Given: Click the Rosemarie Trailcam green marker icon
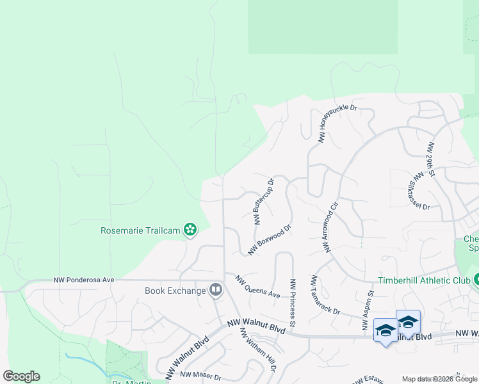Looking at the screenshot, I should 190,229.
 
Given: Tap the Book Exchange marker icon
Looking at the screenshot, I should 216,291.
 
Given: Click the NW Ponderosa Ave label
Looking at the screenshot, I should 84,280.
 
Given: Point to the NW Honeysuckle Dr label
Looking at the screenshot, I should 337,124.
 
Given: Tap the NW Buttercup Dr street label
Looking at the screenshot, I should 263,201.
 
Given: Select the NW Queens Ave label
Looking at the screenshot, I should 257,287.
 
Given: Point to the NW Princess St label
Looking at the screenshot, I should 293,303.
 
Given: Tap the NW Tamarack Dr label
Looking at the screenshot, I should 325,294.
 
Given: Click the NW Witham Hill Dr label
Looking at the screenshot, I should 258,351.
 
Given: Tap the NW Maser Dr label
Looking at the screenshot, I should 200,375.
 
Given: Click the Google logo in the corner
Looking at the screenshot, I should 21,376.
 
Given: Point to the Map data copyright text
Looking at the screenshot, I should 439,379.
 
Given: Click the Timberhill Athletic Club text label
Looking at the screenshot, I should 423,280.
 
